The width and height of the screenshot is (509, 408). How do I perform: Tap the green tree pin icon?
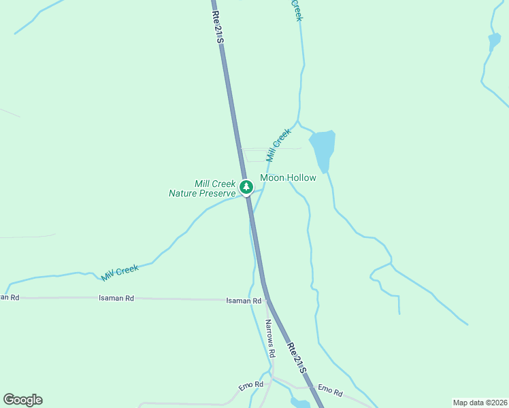[x=246, y=186]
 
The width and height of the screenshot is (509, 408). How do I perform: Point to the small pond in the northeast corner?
[x=494, y=41]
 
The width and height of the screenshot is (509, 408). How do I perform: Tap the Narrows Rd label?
[x=270, y=339]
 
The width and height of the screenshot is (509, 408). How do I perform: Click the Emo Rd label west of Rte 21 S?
[x=250, y=386]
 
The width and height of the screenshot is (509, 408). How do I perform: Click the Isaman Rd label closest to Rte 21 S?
[x=244, y=301]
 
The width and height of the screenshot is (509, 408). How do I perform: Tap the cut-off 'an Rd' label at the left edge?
[x=9, y=297]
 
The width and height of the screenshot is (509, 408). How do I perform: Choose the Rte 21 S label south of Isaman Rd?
[x=297, y=358]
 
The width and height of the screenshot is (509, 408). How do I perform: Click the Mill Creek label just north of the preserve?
[x=278, y=144]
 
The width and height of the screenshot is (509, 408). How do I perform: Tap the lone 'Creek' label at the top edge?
[x=297, y=10]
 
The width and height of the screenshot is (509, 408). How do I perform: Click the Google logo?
[x=22, y=400]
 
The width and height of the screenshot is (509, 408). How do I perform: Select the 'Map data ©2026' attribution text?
[x=480, y=403]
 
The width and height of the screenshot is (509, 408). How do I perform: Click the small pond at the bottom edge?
[x=299, y=403]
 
